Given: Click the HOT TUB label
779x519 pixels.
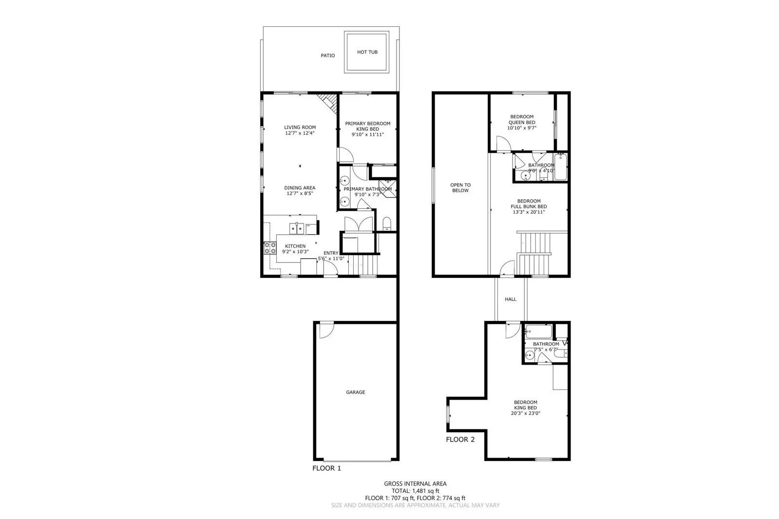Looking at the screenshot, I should point(367,52).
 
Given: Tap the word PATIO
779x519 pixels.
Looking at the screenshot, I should point(327,56).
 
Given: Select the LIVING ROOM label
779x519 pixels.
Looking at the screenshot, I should point(300,128).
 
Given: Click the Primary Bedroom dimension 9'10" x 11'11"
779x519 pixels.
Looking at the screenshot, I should point(367,134).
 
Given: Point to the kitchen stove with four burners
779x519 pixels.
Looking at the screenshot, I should point(270,248).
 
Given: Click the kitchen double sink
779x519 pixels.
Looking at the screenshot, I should point(297,228).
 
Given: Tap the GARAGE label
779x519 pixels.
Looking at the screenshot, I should point(355,392).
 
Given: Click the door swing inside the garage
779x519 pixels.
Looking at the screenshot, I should point(324,331).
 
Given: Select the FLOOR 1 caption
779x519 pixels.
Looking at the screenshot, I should point(326,468).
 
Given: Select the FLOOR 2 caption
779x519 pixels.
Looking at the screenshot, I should point(460,439).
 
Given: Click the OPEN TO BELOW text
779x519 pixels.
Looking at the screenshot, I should point(460,187).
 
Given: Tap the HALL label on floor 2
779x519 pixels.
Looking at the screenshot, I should point(510,299).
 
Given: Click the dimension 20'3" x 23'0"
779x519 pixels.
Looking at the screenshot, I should point(525,413).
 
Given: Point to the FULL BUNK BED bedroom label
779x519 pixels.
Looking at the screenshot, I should point(529,206).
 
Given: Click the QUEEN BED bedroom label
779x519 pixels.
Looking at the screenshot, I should point(522,122).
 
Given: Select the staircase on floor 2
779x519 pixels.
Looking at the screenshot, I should point(535,253).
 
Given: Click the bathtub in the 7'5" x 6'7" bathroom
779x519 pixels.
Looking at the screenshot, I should point(538,332).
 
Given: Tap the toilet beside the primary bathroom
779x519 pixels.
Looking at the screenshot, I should point(387,224).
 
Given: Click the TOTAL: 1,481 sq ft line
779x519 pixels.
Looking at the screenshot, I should point(415,491).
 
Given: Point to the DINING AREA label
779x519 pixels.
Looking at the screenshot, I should point(300,187).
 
